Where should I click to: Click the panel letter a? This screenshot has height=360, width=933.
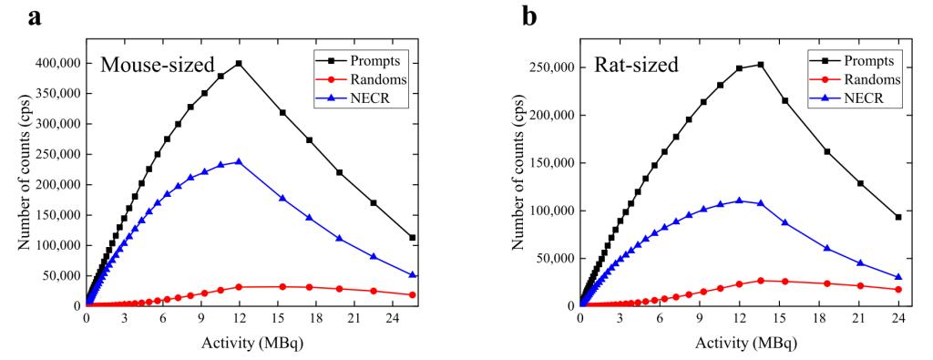36,17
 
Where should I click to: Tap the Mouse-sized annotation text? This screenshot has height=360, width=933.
157,65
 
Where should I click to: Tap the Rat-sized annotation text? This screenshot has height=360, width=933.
637,65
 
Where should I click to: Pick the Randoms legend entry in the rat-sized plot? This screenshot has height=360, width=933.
851,79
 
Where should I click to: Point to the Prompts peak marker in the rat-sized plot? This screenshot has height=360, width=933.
761,65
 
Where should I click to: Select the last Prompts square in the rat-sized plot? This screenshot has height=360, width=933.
898,217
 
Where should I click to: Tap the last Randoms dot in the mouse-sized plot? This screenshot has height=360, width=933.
413,294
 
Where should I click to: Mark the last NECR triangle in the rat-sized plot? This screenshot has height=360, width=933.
898,277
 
